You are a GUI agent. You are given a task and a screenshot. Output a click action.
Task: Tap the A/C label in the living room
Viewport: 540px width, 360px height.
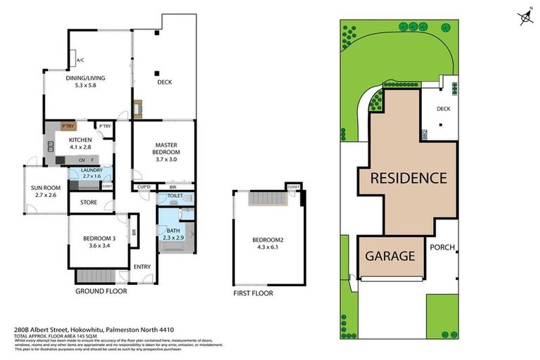click(x=80, y=60)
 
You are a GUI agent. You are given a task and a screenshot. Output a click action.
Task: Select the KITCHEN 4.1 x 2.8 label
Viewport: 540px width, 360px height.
click(x=80, y=143)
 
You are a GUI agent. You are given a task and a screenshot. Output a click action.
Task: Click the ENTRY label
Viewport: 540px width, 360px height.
click(x=143, y=266)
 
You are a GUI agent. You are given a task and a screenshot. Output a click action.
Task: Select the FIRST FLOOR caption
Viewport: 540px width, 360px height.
click(x=253, y=293)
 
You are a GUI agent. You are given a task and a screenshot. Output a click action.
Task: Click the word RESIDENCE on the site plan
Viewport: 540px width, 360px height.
click(x=409, y=178)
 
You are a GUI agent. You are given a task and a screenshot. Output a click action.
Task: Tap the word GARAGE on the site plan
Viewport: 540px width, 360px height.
click(x=390, y=256)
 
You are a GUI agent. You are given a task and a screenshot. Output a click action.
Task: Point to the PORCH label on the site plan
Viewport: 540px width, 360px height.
click(x=442, y=247)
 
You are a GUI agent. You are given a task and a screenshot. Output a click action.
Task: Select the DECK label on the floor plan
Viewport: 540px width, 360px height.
click(x=165, y=82)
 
